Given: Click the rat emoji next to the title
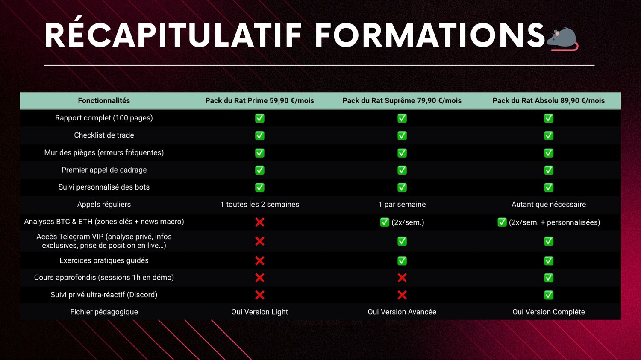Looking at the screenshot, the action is tap(562, 39).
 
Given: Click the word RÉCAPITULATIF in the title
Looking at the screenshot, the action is tap(173, 35).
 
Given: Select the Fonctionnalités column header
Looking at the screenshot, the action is tap(104, 101).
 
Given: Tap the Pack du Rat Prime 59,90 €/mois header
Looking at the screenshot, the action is tap(259, 101).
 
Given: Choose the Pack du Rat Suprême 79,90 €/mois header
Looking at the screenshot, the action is tap(402, 101).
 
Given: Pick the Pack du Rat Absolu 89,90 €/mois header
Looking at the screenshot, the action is tap(548, 101).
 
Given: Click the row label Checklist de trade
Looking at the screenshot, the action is tap(104, 135).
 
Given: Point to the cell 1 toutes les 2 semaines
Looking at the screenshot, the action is tap(259, 205).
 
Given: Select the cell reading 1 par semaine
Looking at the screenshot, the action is tap(402, 205).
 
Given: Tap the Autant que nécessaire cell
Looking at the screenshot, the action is tap(548, 205).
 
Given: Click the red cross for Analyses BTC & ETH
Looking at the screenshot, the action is tap(259, 222).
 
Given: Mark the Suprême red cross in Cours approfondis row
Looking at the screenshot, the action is tap(402, 278).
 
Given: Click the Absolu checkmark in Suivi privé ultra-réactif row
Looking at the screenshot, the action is tap(549, 295).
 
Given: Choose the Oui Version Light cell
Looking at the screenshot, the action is tap(259, 312).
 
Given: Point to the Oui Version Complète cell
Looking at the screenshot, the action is tap(548, 312).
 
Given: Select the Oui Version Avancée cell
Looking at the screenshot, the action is tap(402, 312).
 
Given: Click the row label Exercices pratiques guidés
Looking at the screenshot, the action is tap(104, 260).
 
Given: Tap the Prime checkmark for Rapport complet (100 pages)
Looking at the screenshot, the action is tap(259, 118).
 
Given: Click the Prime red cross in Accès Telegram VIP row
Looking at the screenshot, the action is tap(259, 241).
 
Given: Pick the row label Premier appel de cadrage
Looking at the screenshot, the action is tap(104, 170).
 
